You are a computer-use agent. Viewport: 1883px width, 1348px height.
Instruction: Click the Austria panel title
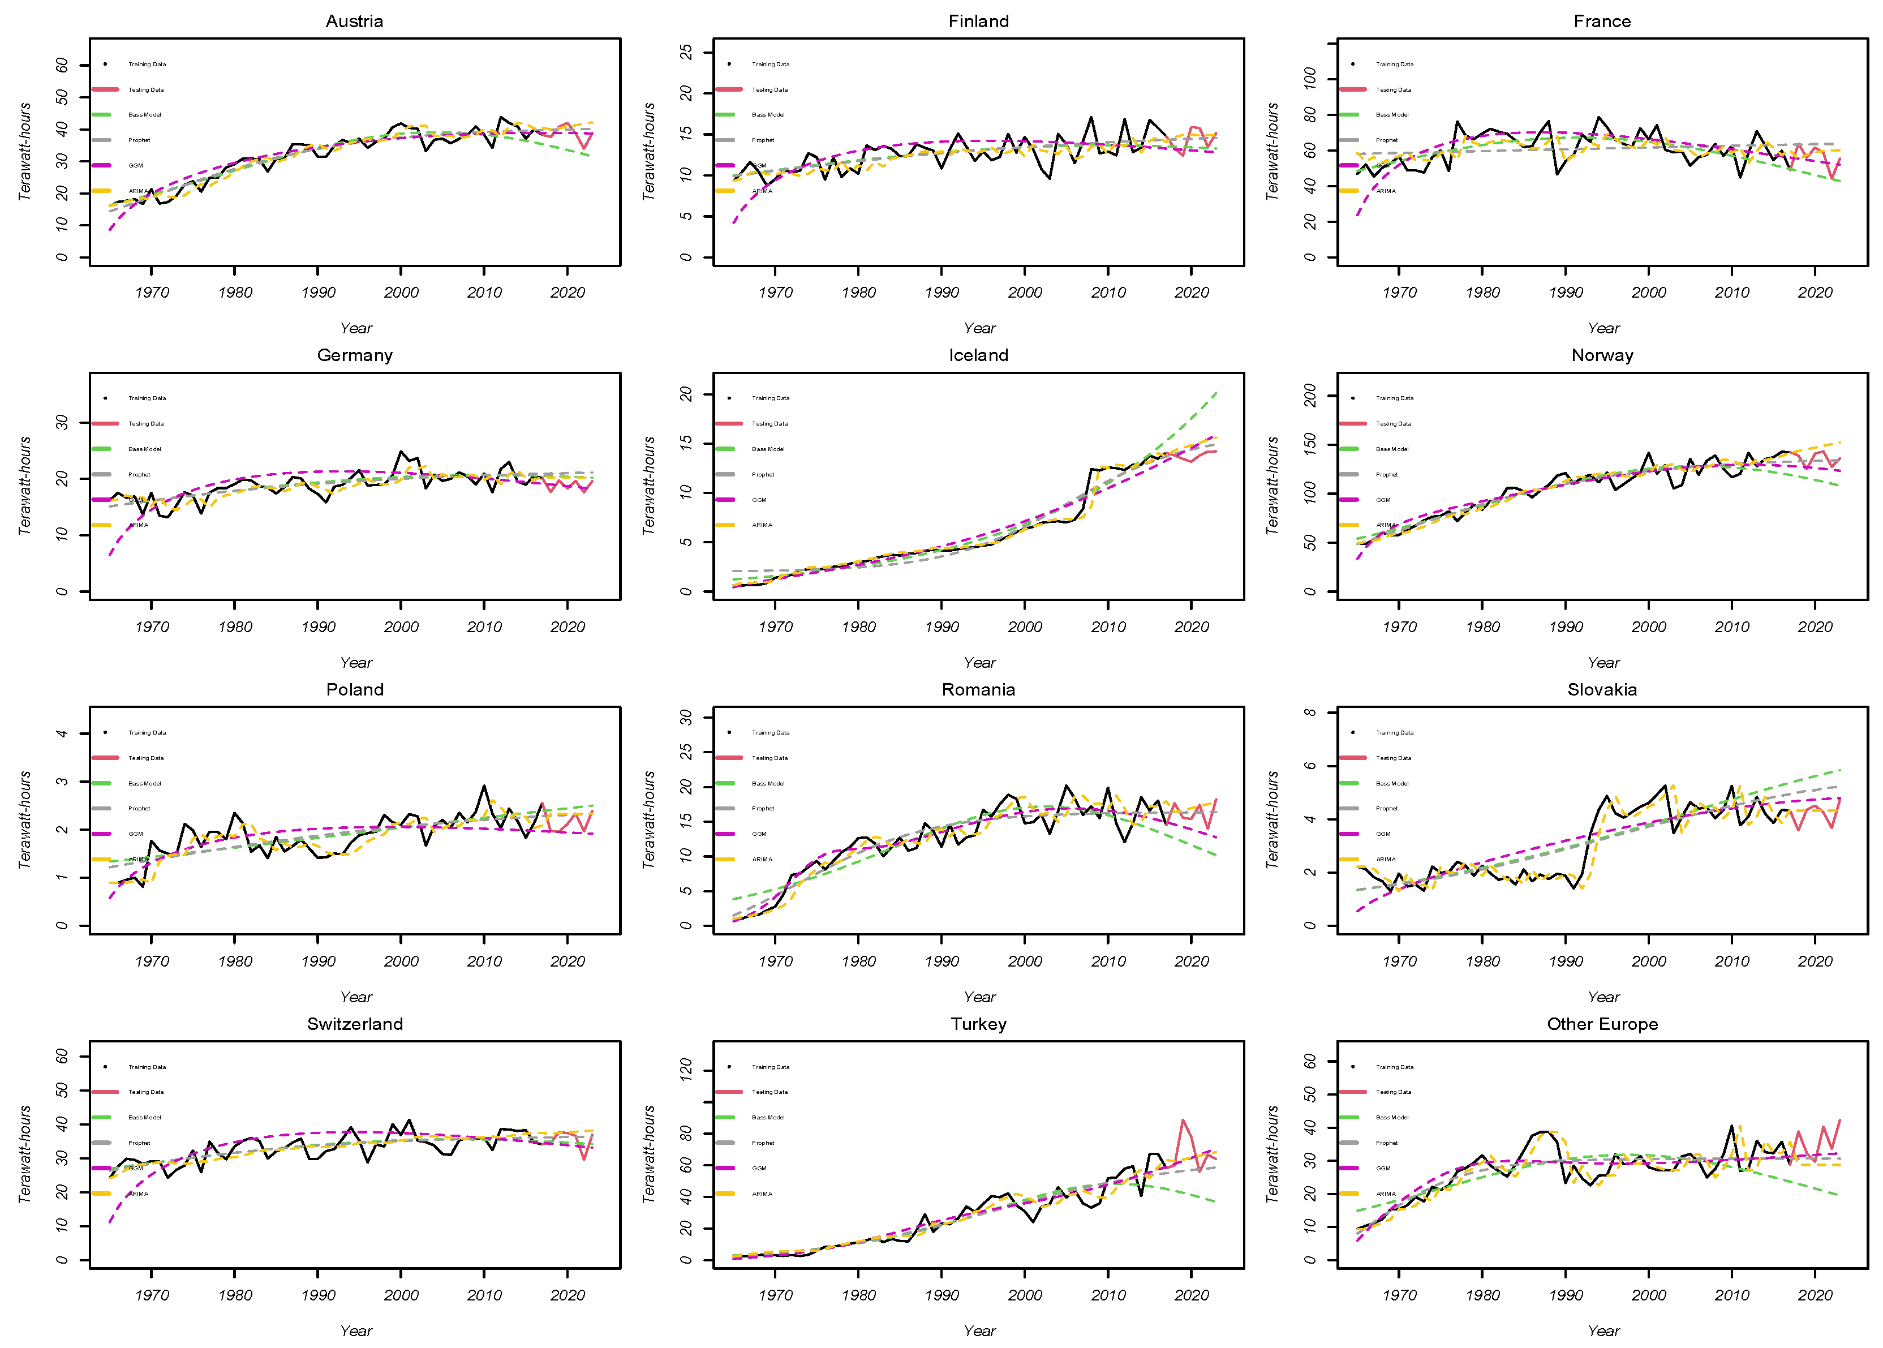354,22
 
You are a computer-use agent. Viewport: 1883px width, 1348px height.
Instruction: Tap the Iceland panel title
978,355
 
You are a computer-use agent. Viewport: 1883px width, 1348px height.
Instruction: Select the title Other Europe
1602,1024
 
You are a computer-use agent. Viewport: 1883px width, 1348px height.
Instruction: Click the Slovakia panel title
1602,690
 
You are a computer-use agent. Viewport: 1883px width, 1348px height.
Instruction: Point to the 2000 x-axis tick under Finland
1025,292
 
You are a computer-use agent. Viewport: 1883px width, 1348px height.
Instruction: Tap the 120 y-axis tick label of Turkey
686,1071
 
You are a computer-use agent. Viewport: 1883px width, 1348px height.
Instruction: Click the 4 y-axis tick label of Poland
62,734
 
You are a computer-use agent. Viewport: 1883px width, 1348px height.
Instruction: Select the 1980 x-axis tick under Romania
858,961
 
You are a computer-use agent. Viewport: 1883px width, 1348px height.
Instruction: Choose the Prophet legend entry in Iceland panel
763,475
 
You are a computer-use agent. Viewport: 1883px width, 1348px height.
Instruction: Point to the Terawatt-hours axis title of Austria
25,151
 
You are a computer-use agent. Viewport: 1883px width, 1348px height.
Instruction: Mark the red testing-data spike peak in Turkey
1183,1120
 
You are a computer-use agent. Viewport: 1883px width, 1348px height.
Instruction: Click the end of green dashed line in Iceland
1216,393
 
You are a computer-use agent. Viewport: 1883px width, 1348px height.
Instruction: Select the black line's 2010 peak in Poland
484,785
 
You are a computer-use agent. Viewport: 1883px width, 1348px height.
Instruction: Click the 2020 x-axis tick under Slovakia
1815,961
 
